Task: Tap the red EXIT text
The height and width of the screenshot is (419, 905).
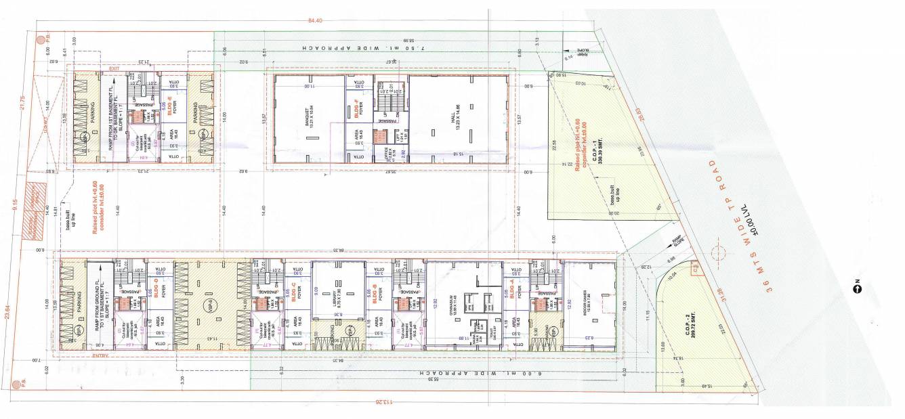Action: pos(114,68)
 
